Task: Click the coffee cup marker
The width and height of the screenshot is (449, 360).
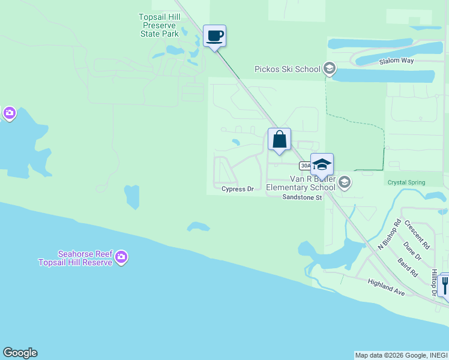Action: point(214,36)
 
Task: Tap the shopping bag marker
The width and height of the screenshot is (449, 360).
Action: point(279,140)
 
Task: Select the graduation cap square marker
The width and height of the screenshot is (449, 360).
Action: point(322,165)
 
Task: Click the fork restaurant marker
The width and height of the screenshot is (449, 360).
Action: point(445,284)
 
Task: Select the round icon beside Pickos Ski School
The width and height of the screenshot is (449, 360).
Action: point(329,68)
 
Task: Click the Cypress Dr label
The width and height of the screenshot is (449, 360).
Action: point(238,189)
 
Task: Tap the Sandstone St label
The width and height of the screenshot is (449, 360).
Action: point(303,197)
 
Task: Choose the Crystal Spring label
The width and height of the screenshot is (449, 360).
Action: point(406,182)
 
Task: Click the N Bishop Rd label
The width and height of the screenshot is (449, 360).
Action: point(389,235)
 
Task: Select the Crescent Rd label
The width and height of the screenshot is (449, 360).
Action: point(417,235)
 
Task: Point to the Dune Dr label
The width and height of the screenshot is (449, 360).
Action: point(412,251)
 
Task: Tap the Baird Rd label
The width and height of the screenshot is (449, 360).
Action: point(408,267)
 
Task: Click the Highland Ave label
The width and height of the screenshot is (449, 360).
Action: point(386,287)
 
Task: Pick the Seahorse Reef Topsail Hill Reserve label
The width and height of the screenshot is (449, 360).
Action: point(75,258)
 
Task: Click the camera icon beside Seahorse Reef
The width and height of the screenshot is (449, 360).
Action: point(121,257)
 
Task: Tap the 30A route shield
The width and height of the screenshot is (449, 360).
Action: point(305,166)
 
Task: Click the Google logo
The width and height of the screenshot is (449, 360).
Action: point(20,353)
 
